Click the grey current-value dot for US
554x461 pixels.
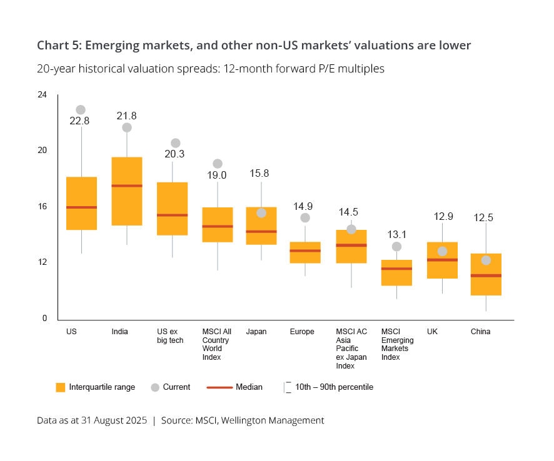81,110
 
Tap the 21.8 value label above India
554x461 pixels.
126,116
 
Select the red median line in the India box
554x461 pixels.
127,186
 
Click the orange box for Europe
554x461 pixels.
305,252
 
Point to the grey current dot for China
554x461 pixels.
486,260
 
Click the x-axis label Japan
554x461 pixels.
256,332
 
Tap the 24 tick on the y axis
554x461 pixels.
42,95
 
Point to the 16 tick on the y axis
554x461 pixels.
42,207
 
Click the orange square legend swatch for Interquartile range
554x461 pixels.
60,387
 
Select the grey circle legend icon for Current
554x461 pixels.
155,387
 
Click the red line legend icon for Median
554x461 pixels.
219,387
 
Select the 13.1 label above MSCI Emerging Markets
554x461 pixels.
396,235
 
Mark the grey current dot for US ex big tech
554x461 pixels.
176,143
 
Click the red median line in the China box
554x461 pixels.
486,275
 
